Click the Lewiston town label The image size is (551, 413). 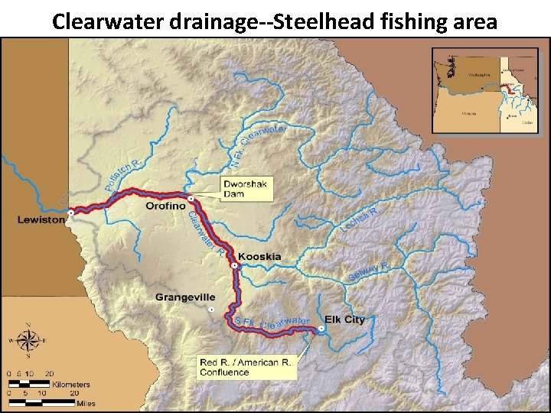tap(41, 220)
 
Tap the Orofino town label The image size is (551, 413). tap(165, 206)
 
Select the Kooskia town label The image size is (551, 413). tap(259, 256)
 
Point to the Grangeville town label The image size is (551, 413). tap(185, 297)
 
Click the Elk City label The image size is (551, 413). tap(344, 320)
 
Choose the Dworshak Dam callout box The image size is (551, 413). tap(246, 189)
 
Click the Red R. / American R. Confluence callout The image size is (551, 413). tap(246, 367)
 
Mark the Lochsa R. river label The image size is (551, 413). tap(360, 220)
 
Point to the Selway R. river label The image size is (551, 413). tap(369, 271)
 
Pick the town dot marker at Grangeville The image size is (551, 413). tap(211, 310)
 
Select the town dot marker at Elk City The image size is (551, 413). tap(321, 328)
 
